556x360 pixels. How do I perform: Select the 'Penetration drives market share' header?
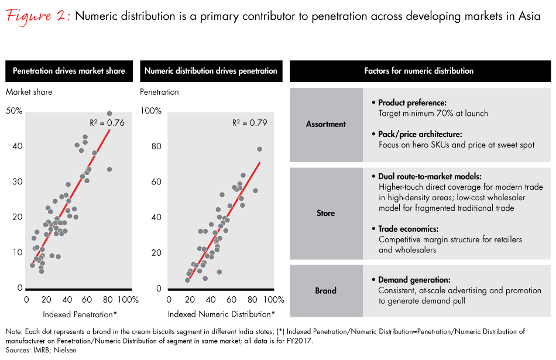(70, 71)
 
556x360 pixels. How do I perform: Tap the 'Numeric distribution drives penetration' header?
(211, 71)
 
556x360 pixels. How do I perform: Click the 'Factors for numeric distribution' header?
(418, 71)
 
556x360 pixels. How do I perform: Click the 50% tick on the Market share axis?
(15, 111)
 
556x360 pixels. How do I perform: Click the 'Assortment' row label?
(326, 124)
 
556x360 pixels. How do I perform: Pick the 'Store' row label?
(326, 213)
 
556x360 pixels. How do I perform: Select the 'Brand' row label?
(326, 290)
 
